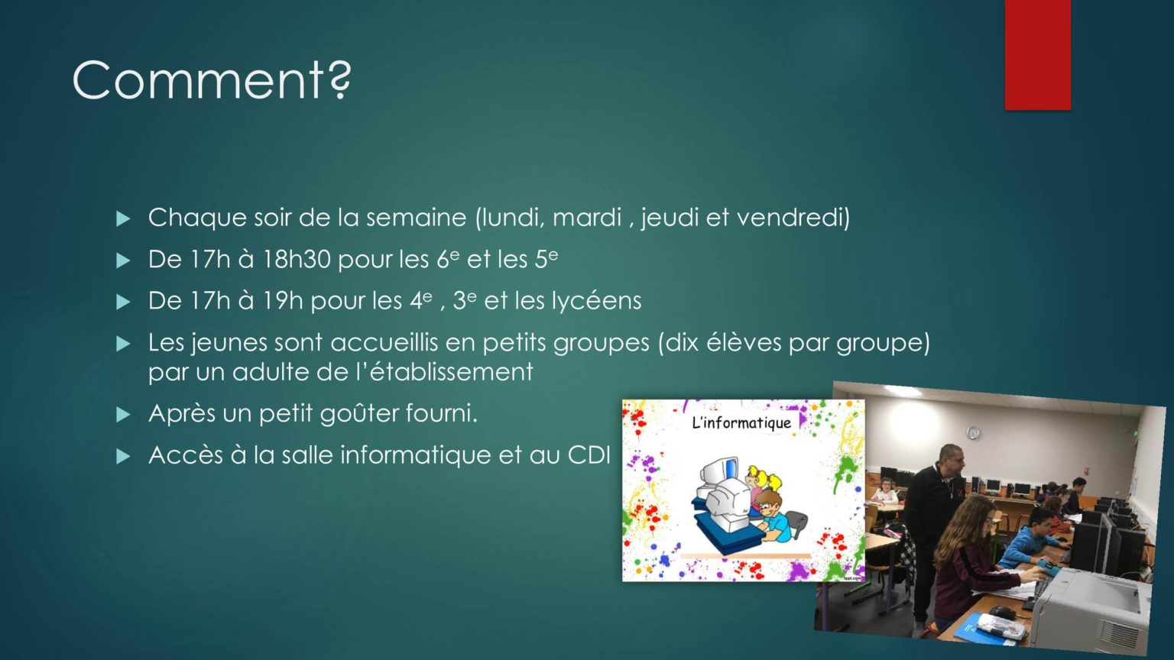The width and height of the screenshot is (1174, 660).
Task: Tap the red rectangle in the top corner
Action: coord(1038,54)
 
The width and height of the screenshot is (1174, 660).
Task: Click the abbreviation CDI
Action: coord(589,455)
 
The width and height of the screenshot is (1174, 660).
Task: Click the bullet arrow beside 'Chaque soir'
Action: coord(123,218)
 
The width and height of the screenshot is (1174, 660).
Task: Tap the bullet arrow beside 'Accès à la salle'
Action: coord(123,456)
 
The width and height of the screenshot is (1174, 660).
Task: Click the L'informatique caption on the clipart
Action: coord(741,422)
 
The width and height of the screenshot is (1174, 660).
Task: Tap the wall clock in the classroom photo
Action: coord(973,432)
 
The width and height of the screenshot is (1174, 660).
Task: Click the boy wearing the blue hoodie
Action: coord(1030,539)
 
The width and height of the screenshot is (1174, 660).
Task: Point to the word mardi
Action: coord(587,217)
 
